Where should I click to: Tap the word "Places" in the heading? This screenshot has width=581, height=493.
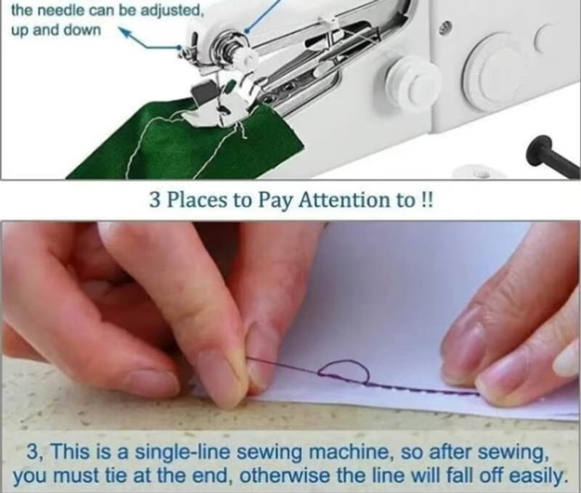(x=197, y=200)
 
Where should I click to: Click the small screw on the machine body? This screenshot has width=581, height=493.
(x=445, y=26)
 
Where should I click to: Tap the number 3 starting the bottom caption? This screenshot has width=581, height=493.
(x=33, y=452)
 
